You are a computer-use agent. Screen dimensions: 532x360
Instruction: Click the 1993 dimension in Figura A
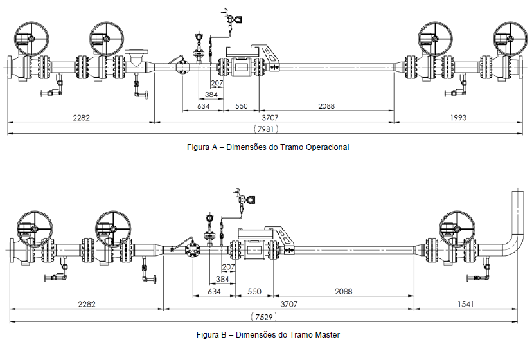click(458, 118)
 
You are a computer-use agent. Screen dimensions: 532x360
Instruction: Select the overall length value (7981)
click(265, 129)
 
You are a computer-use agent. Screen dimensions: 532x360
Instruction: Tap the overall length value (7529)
click(264, 317)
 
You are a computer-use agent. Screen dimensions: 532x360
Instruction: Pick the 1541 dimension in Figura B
click(465, 303)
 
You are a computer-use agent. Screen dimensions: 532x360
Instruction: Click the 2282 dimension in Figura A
click(82, 118)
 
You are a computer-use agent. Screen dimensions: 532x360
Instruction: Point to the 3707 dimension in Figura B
click(288, 303)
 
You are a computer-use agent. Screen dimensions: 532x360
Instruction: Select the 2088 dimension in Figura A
click(326, 106)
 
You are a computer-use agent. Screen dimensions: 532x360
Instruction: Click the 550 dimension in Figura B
click(254, 291)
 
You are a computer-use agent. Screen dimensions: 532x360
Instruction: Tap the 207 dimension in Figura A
click(217, 83)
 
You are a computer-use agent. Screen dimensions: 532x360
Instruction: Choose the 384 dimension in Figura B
click(222, 280)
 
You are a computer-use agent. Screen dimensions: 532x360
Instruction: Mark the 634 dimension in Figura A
click(203, 106)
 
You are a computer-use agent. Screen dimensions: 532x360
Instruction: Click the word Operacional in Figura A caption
click(328, 147)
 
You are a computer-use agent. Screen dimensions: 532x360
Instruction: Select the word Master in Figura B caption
click(328, 335)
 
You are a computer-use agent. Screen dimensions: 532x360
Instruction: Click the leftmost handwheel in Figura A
click(31, 39)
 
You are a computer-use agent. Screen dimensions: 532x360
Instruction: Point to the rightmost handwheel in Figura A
click(510, 39)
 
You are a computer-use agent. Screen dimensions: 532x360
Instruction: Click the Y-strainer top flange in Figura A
click(137, 52)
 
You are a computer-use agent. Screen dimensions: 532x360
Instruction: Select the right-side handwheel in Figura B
click(457, 228)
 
